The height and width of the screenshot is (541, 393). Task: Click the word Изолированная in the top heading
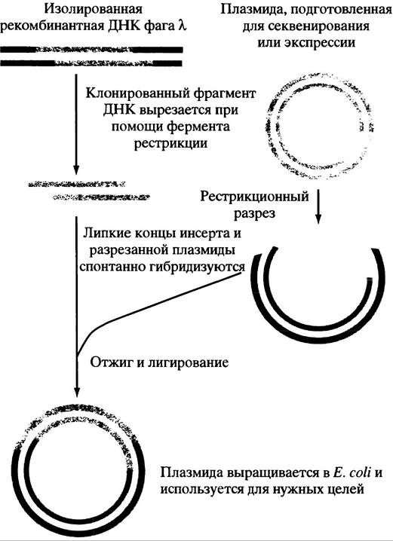pyautogui.click(x=94, y=9)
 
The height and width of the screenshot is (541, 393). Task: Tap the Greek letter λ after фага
pyautogui.click(x=183, y=26)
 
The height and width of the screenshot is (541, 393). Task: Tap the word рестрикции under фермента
pyautogui.click(x=170, y=143)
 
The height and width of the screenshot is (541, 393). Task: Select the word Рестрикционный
pyautogui.click(x=254, y=197)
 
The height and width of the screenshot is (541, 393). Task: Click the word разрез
pyautogui.click(x=255, y=213)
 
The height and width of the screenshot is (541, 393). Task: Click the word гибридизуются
pyautogui.click(x=193, y=267)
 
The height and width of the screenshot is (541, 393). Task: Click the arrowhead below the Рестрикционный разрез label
pyautogui.click(x=318, y=219)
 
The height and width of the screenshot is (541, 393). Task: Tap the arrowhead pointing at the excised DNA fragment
pyautogui.click(x=76, y=170)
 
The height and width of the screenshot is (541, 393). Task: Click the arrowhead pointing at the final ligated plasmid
pyautogui.click(x=77, y=393)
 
